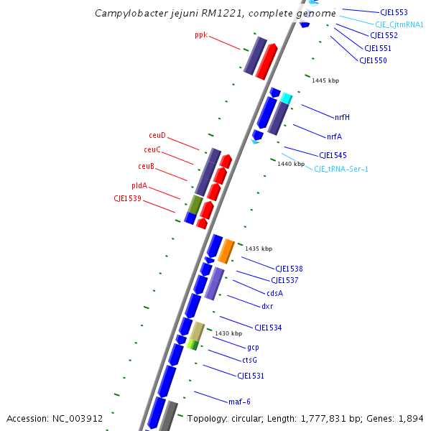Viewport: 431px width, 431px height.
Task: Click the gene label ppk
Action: pyautogui.click(x=200, y=34)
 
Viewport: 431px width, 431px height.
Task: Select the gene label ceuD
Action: pyautogui.click(x=157, y=135)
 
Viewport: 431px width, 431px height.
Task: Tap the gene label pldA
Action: pyautogui.click(x=139, y=185)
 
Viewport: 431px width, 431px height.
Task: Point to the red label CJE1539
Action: pyautogui.click(x=127, y=198)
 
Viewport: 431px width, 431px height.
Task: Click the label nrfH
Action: pyautogui.click(x=342, y=117)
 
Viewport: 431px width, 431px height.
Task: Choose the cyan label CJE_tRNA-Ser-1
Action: pyautogui.click(x=341, y=169)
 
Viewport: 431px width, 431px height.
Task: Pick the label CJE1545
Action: pyautogui.click(x=333, y=155)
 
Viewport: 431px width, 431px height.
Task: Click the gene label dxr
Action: pyautogui.click(x=267, y=306)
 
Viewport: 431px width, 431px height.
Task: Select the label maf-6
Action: pyautogui.click(x=239, y=402)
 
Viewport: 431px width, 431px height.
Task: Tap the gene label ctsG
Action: pyautogui.click(x=249, y=360)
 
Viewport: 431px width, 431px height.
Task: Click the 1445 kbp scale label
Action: pyautogui.click(x=325, y=80)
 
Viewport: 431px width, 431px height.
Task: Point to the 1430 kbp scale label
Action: pyautogui.click(x=228, y=333)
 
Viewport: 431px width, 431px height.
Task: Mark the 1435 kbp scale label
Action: pyautogui.click(x=259, y=249)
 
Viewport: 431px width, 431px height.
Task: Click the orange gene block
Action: pyautogui.click(x=226, y=250)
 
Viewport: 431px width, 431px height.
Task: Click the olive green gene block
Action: pyautogui.click(x=195, y=205)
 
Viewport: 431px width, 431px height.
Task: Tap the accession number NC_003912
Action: pyautogui.click(x=80, y=418)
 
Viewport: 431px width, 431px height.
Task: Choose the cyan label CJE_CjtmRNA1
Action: pyautogui.click(x=399, y=24)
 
